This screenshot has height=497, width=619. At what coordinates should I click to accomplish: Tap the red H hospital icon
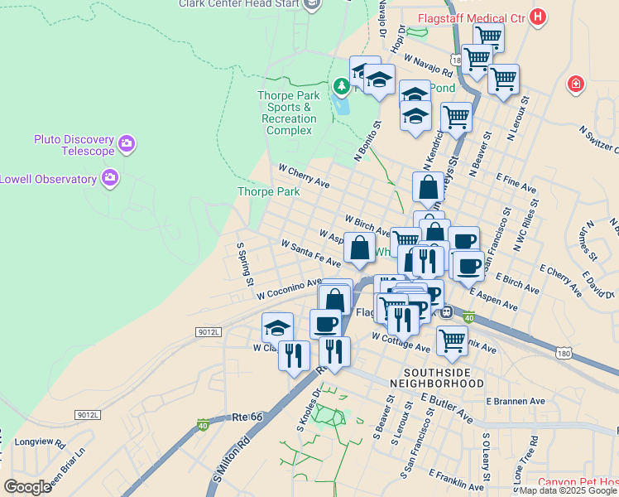pos(539,16)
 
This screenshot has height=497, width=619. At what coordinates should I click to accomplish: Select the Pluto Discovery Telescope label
pos(74,145)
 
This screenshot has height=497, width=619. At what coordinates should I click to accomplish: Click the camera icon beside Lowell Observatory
pos(109,177)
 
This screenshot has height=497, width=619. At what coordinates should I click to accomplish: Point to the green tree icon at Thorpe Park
pos(341,85)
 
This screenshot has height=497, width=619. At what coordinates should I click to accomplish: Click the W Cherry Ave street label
pos(304,175)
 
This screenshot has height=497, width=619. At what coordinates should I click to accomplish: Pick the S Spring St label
pos(244,264)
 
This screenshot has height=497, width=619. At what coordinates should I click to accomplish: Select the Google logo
pos(27,487)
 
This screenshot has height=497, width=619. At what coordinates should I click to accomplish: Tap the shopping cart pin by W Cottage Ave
pos(452,340)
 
